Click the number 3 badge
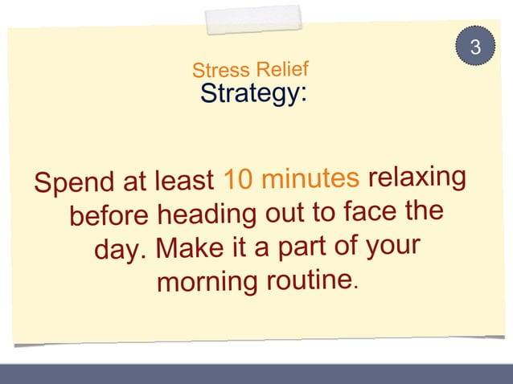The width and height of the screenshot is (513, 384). tap(475, 47)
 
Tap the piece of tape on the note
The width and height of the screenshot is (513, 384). tap(252, 20)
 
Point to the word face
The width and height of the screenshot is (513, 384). tap(373, 211)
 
